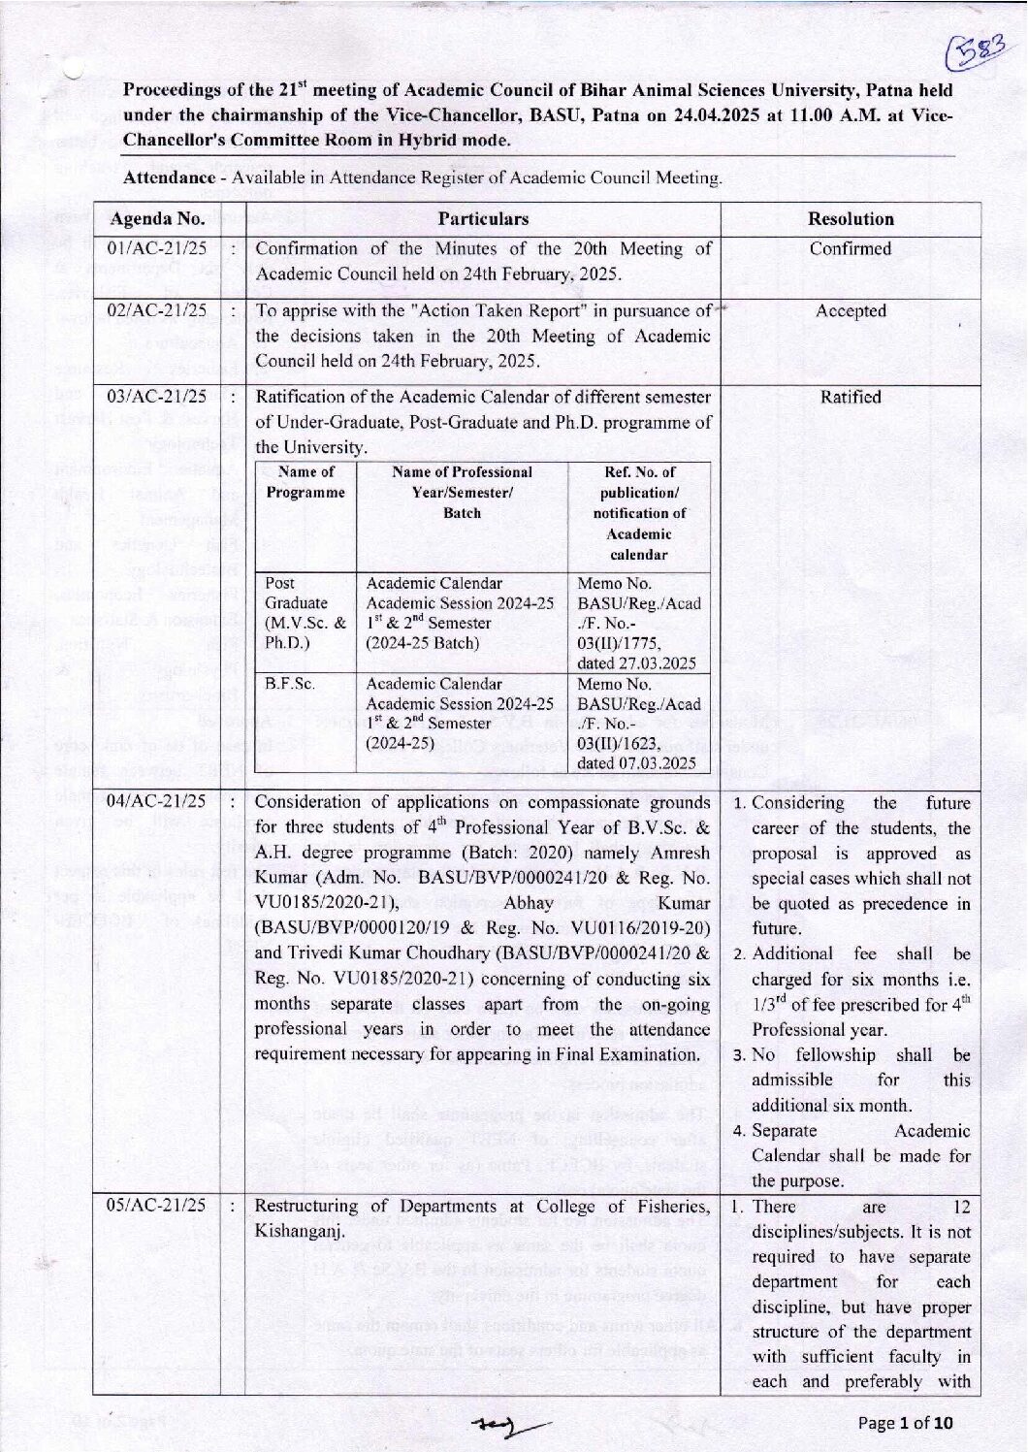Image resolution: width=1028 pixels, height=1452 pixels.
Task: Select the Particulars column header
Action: coord(483,218)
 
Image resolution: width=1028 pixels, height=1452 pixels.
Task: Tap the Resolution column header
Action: coord(851,218)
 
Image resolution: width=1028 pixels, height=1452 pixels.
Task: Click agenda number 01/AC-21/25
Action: coord(157,248)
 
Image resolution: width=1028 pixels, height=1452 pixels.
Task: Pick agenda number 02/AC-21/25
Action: coord(157,310)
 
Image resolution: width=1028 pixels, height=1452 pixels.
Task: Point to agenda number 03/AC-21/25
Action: coord(157,397)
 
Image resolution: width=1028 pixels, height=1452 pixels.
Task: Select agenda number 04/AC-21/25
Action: coord(157,801)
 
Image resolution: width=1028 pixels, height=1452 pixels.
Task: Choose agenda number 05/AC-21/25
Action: coord(157,1206)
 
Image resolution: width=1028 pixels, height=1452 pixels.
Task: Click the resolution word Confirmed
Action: coord(851,248)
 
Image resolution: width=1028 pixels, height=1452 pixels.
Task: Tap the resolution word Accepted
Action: coord(851,310)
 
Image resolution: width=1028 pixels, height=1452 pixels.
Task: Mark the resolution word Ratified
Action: coord(851,397)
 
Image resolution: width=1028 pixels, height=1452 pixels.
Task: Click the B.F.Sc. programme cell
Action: coord(290,684)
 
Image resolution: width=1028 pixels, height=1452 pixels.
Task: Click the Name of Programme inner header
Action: coord(305,482)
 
